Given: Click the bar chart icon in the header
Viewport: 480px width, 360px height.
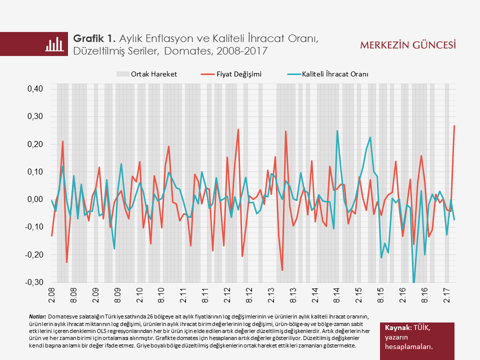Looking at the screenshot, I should click(55, 44).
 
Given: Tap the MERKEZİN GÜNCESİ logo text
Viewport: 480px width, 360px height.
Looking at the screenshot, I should click(408, 45).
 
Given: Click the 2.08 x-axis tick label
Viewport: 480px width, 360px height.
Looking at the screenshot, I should click(51, 294).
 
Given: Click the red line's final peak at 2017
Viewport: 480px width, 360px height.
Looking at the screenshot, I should click(454, 126).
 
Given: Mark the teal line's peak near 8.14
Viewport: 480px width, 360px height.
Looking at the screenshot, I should click(337, 131).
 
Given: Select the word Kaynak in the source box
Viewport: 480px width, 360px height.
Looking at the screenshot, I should click(397, 327).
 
